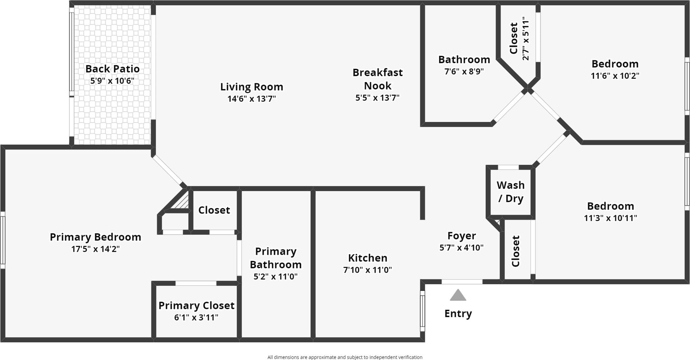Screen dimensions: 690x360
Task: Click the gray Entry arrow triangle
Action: coord(458,296)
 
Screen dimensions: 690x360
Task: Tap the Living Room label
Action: coord(252,87)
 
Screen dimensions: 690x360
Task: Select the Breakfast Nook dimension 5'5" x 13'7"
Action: coord(378,98)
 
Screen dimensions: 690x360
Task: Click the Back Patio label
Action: coord(112,69)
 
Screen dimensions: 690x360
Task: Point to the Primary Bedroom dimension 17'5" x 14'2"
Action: coord(95,249)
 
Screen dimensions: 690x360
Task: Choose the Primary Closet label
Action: coord(196,305)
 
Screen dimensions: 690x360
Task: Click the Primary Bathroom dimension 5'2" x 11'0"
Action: coord(275,277)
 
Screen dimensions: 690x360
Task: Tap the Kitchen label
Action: coord(368,258)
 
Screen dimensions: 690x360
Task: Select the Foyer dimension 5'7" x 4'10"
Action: coord(461,248)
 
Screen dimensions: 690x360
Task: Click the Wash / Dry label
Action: coord(510,191)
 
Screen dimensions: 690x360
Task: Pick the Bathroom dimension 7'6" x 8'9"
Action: coord(464,71)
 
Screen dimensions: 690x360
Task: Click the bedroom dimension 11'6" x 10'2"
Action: coord(615,76)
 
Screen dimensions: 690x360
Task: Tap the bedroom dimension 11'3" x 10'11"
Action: coord(610,218)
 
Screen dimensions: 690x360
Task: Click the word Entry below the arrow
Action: coord(458,313)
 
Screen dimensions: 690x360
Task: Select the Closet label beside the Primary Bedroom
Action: coord(214,210)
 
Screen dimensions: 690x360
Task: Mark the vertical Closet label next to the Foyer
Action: coord(516,251)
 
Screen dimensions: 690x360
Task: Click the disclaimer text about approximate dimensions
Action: coord(345,357)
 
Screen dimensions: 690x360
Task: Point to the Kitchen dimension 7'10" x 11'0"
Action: coord(368,270)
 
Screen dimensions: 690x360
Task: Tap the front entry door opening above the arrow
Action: coord(462,282)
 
